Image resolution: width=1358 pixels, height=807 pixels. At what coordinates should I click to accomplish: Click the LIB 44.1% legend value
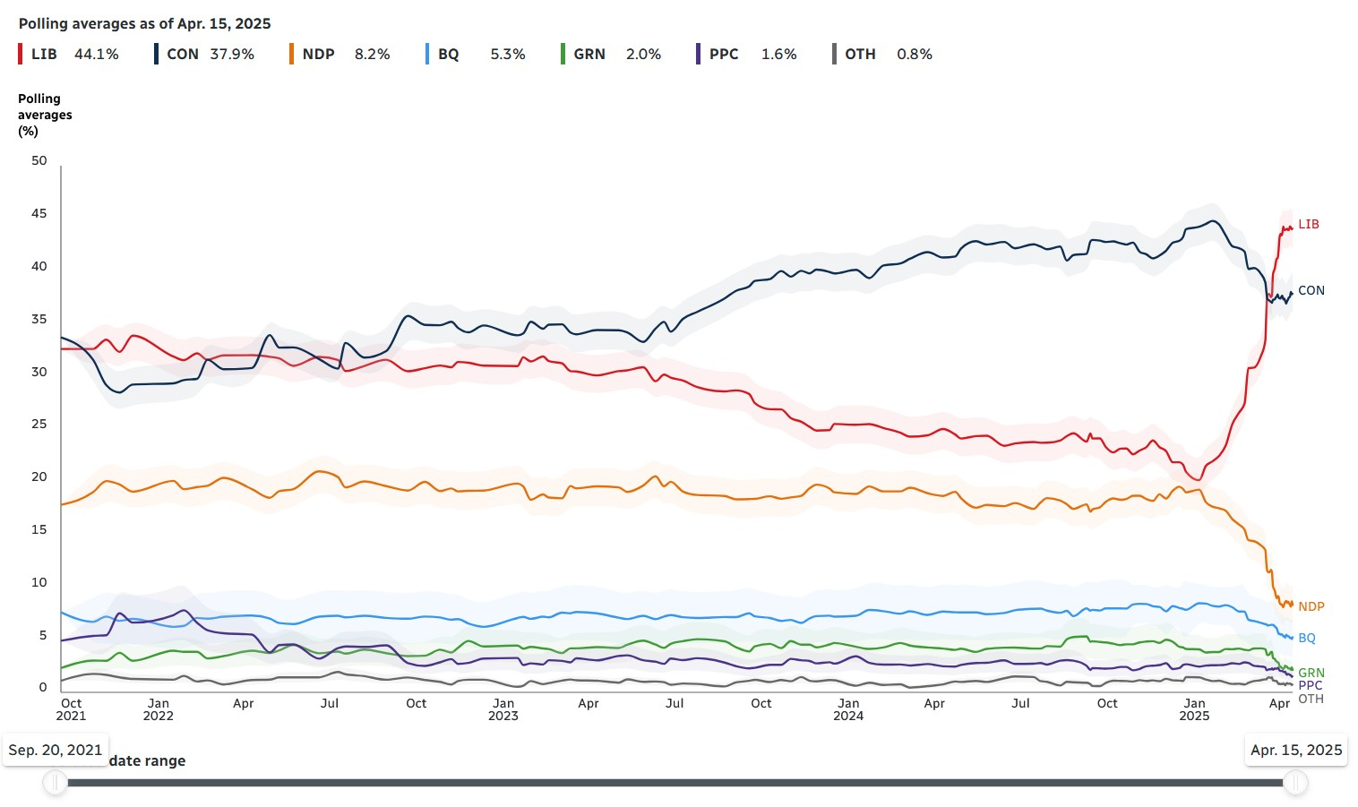[96, 55]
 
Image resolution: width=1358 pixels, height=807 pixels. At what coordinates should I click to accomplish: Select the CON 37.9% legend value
[232, 55]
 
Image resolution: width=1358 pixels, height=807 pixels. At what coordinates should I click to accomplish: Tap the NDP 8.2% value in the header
[372, 55]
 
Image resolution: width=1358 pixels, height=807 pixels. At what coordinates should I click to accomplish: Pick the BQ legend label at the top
[448, 55]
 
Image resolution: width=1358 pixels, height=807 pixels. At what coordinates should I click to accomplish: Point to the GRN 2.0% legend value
[643, 55]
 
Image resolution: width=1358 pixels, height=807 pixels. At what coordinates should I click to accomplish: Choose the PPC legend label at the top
[724, 55]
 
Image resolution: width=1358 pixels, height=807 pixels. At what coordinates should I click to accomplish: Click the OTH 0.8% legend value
[914, 55]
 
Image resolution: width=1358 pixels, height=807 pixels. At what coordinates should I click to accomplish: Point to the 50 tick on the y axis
[39, 161]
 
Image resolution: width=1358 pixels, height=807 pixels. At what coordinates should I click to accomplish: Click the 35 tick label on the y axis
[39, 319]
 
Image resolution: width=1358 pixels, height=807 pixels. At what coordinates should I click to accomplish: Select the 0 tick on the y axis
[42, 687]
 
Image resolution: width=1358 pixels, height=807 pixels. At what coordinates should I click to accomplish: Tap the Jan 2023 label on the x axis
[503, 709]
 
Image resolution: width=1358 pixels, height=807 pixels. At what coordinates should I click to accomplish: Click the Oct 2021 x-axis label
[71, 709]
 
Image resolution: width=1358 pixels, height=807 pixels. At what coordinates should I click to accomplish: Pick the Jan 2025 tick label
[1194, 709]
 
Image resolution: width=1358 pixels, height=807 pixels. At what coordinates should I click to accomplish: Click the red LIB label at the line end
[1308, 225]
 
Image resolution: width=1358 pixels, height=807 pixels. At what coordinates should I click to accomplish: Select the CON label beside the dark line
[1311, 291]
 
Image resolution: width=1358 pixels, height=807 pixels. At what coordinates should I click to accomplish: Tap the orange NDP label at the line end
[1311, 607]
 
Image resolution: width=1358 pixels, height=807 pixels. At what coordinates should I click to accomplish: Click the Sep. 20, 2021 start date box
[56, 750]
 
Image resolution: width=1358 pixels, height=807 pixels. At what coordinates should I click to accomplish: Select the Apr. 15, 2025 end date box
[1296, 750]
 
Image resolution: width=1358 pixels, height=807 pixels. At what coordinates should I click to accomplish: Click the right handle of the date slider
[1295, 783]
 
